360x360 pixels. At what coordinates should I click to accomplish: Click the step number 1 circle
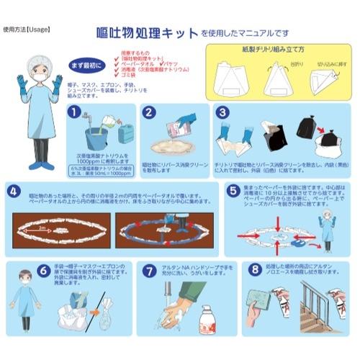click(x=73, y=113)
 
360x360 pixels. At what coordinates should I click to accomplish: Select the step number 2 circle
click(x=148, y=113)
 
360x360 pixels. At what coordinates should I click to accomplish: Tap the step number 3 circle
click(x=222, y=113)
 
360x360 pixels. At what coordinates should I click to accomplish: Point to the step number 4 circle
click(x=15, y=192)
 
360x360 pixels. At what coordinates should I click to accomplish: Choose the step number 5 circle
click(x=233, y=192)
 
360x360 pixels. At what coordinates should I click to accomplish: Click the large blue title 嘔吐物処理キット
click(x=147, y=33)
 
